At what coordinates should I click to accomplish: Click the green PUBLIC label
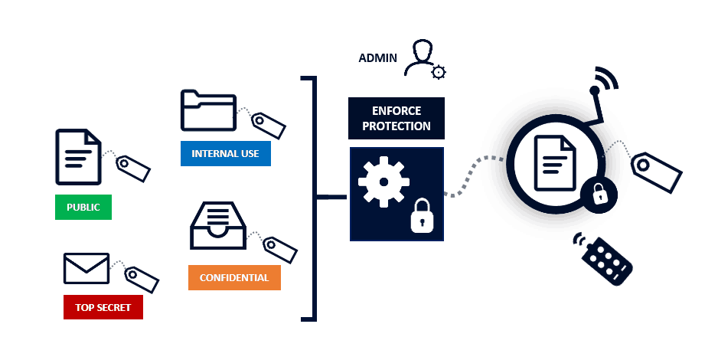point(83,208)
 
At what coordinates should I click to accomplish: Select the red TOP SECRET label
point(103,308)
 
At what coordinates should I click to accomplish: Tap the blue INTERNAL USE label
point(225,153)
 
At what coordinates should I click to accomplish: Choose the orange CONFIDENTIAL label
point(234,277)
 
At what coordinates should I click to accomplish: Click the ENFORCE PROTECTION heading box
point(397,119)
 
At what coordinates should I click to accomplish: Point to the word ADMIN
point(378,58)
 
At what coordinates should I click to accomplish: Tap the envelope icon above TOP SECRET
point(86,268)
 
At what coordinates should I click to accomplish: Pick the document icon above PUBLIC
point(78,157)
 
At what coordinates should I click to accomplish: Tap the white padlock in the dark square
point(421,215)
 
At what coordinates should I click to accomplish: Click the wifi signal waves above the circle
point(606,80)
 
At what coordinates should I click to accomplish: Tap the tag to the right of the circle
point(657,171)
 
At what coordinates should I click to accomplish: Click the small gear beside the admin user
point(439,72)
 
